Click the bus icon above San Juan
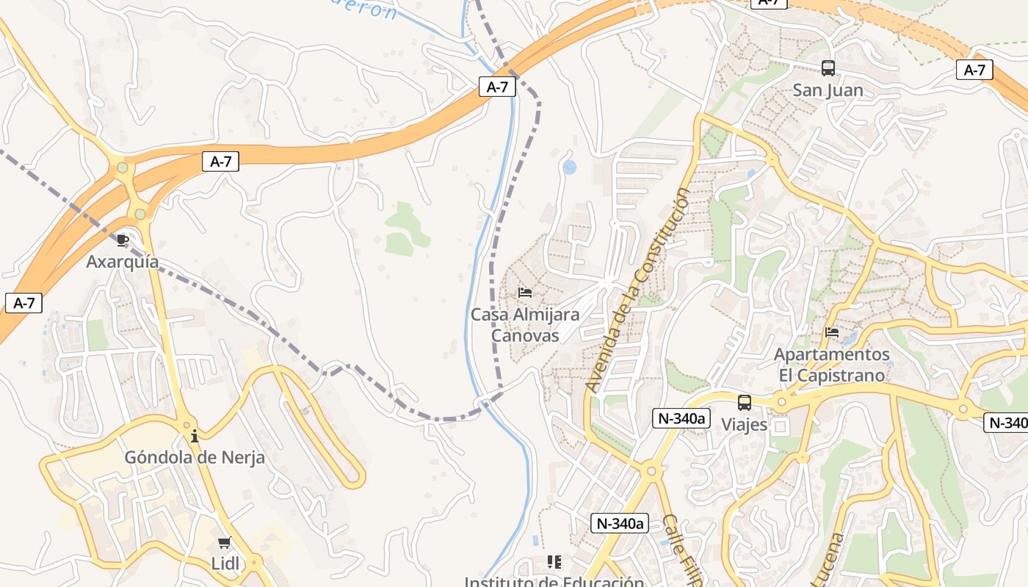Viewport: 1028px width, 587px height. point(828,68)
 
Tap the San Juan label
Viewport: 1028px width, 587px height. point(828,90)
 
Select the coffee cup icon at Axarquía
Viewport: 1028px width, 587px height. point(123,240)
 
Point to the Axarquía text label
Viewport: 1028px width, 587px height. point(123,262)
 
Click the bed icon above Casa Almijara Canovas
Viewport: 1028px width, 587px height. point(525,293)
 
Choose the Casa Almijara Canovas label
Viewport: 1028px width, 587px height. point(525,325)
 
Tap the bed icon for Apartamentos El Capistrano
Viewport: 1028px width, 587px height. point(832,332)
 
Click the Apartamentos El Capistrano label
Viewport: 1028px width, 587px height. point(832,365)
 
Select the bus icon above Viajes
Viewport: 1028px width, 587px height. point(745,403)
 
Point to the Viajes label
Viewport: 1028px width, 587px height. point(745,425)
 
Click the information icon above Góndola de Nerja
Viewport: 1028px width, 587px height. point(195,437)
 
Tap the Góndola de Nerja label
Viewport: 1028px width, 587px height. point(195,458)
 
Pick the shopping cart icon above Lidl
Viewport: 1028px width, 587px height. point(224,543)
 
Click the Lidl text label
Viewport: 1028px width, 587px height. point(224,564)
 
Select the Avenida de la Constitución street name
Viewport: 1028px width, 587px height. point(638,290)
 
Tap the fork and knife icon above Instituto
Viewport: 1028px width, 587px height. point(554,562)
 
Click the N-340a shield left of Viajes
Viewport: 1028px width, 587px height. point(681,419)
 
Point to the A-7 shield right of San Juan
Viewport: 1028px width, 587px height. point(974,70)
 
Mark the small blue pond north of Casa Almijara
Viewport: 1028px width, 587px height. point(570,167)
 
